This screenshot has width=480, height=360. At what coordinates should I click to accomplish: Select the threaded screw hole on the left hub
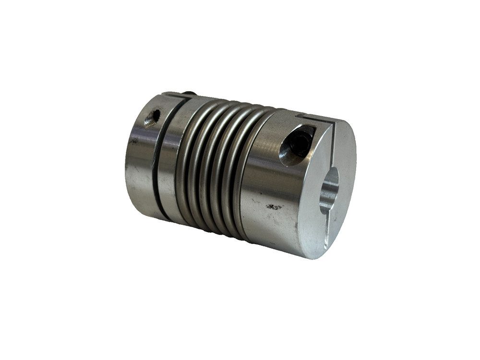[x=154, y=117]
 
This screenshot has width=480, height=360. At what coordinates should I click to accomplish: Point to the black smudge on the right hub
[x=275, y=207]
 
